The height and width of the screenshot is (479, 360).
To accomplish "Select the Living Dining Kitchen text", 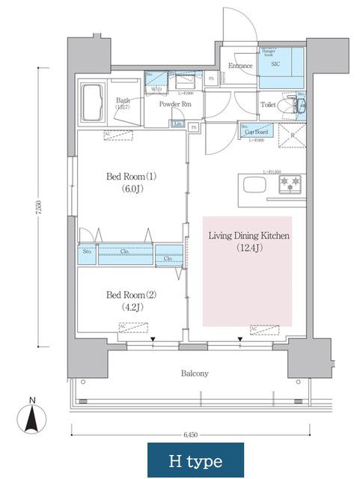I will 248,236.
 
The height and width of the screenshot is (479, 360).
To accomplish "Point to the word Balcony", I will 195,373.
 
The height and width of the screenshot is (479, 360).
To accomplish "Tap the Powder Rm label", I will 174,105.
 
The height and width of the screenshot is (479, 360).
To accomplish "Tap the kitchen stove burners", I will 290,183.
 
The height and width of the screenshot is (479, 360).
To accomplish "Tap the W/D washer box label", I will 157,88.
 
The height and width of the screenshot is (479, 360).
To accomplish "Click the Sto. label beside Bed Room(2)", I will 87,252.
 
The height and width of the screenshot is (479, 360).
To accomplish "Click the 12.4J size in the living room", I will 248,247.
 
